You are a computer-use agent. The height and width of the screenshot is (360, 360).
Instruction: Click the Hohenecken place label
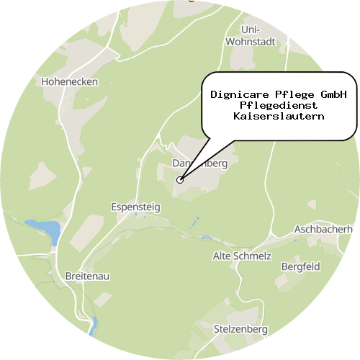[x=71, y=81]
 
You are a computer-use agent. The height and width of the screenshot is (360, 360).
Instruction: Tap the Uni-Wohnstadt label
[x=250, y=35]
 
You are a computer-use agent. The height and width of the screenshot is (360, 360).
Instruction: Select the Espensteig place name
[x=136, y=207]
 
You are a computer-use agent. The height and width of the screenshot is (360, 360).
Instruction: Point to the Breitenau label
[x=87, y=276]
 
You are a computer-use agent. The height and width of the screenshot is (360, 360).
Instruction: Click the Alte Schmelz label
[x=242, y=256]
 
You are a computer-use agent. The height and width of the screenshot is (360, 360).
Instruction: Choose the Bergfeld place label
[x=300, y=266]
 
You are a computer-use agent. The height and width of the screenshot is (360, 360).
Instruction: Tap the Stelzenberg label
[x=240, y=329]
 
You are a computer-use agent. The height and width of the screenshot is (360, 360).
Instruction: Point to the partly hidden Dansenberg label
[x=200, y=163]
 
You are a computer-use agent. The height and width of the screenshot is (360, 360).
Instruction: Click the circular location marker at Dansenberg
[x=180, y=180]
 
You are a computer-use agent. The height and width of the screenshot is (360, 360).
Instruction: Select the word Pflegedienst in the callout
[x=279, y=105]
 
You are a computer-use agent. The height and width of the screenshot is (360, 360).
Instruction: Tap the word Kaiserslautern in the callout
[x=279, y=116]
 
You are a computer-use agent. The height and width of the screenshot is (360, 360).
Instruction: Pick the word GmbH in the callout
[x=332, y=94]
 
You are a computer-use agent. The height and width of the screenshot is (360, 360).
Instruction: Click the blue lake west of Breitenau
[x=45, y=230]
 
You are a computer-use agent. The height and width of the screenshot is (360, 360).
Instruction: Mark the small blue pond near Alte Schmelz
[x=207, y=238]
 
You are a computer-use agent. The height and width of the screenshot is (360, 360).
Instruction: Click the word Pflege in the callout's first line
[x=294, y=94]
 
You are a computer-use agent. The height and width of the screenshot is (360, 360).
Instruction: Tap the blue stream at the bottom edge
[x=93, y=328]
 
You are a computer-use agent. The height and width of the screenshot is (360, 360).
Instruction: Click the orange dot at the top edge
[x=191, y=1]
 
